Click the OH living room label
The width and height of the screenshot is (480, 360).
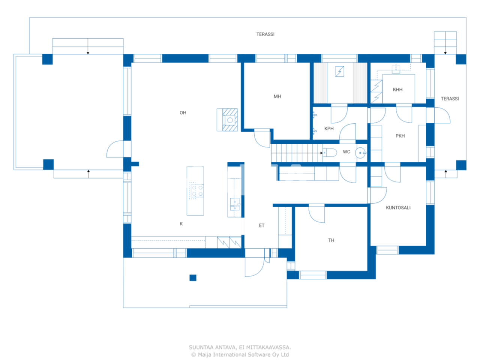(183, 113)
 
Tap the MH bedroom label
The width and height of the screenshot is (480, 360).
(277, 97)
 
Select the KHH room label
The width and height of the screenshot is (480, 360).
(397, 90)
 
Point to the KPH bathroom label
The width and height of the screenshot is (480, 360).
(329, 129)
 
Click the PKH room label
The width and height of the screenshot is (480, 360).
(400, 136)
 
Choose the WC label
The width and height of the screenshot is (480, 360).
(346, 152)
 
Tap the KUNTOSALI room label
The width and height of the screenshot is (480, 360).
(398, 208)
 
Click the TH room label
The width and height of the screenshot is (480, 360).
(331, 240)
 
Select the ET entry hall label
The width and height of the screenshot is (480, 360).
(262, 226)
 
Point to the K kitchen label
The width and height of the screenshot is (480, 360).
(181, 224)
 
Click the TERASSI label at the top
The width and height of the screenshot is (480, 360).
(265, 34)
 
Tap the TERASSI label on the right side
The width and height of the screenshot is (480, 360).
(450, 99)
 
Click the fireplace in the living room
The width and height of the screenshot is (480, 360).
(228, 120)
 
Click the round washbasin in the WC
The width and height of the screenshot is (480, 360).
(360, 153)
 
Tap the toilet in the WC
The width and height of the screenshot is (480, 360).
(330, 153)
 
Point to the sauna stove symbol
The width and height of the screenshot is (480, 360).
(340, 71)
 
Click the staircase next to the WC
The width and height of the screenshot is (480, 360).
(296, 153)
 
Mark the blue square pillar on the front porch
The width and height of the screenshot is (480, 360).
(193, 278)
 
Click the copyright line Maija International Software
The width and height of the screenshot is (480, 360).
(240, 355)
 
